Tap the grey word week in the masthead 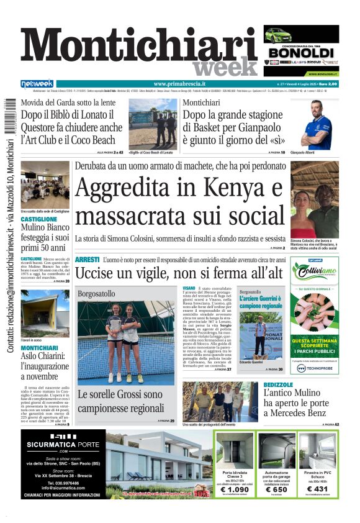(x=225, y=67)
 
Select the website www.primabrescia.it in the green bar (x=179, y=84)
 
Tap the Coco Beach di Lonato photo (x=153, y=122)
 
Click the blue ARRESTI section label (x=87, y=259)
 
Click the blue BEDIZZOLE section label (x=278, y=385)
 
